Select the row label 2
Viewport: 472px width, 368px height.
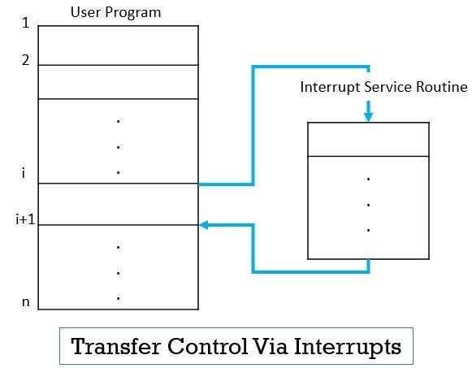tap(26, 61)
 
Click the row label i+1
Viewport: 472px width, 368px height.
tap(25, 219)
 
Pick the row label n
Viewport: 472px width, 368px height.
tap(26, 301)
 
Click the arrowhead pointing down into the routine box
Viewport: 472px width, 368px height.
tap(368, 116)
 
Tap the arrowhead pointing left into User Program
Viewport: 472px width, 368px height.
tap(205, 225)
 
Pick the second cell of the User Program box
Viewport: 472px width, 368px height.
tap(118, 81)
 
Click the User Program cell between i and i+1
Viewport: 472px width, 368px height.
tap(118, 204)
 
